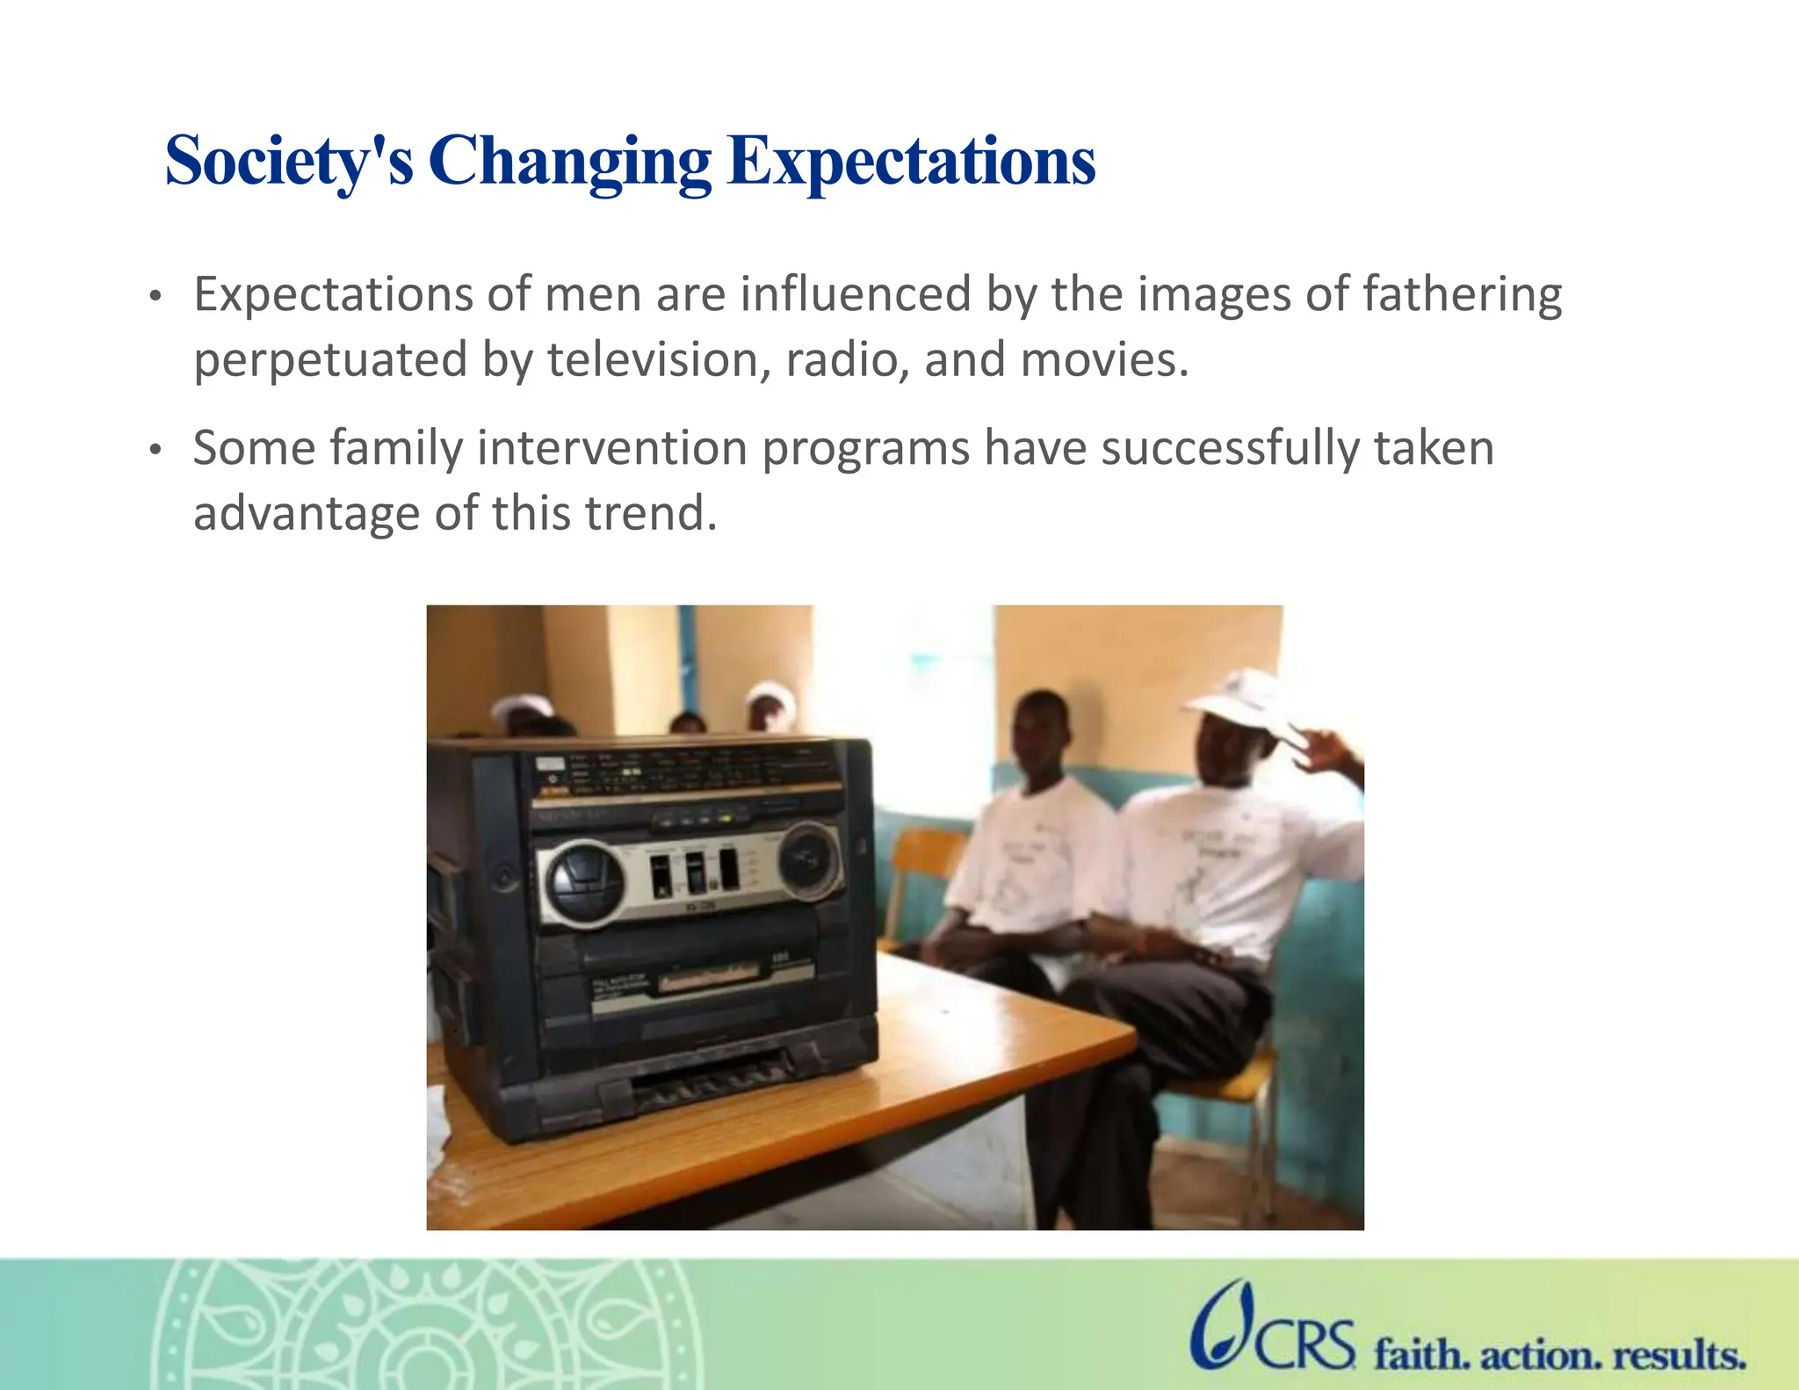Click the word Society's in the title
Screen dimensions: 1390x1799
coord(288,162)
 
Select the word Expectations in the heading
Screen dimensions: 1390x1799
coord(911,162)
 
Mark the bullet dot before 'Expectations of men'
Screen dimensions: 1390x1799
coord(155,298)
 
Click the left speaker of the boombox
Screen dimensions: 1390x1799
coord(585,882)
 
